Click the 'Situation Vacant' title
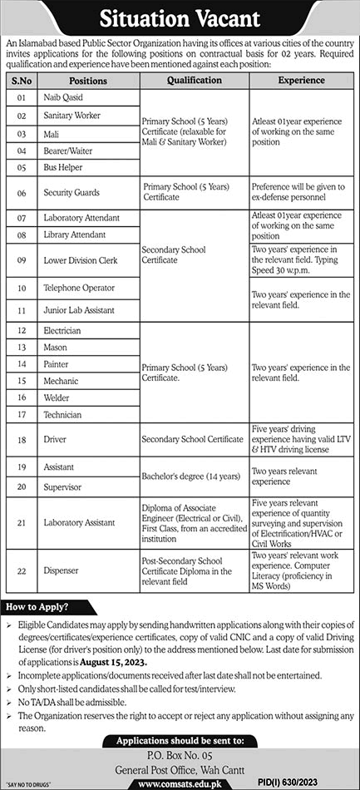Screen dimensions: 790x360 click(x=180, y=17)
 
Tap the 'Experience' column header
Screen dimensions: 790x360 click(x=301, y=81)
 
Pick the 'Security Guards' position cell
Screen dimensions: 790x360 click(x=72, y=193)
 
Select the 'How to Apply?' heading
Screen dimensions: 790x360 click(x=37, y=607)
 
